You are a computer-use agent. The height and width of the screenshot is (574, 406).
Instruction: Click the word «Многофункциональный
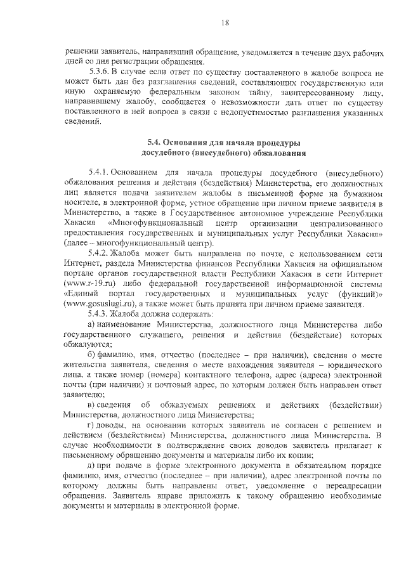[156, 223]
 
